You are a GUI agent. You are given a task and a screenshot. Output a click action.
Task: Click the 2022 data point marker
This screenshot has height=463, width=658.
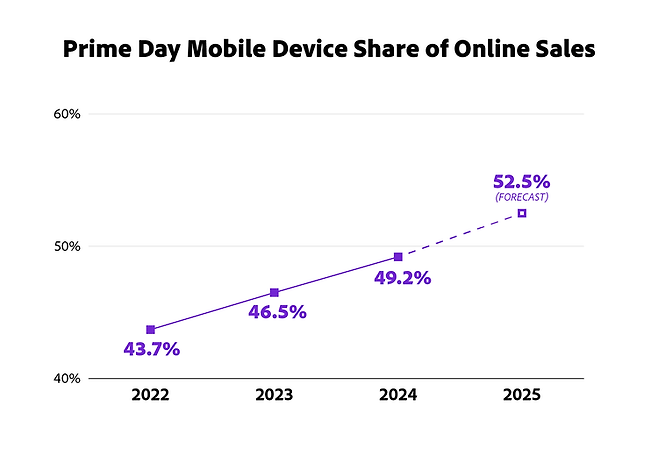coord(150,329)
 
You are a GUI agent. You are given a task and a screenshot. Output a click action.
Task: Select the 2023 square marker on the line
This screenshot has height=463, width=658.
coord(274,292)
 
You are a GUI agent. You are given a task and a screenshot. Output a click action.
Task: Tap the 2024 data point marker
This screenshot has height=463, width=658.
coord(398,257)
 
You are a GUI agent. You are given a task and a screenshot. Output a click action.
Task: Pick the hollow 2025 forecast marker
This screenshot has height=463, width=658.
coord(521,213)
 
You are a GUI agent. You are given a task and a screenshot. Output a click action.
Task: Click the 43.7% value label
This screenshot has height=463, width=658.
coord(151,350)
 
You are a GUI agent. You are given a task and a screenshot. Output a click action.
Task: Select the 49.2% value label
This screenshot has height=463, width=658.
coord(403,278)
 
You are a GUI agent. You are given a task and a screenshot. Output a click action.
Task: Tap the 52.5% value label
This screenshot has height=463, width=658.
coord(521,181)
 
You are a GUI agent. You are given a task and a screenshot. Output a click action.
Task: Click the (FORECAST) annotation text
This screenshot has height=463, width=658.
coord(521,197)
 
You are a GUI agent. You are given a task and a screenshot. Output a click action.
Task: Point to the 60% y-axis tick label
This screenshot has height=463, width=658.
coord(67,114)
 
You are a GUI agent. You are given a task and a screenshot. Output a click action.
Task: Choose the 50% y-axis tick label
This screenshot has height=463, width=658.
coord(67,246)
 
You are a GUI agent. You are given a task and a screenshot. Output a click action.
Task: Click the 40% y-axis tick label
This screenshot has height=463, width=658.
coord(67,378)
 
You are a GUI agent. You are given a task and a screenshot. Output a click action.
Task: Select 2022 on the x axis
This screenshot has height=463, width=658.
coord(150,395)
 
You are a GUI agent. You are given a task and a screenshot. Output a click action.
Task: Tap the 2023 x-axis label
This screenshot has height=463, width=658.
coord(274,395)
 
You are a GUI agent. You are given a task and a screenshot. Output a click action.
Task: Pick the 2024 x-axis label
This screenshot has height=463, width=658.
coord(398,395)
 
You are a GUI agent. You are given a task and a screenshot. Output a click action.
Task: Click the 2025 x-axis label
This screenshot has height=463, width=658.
coord(521,395)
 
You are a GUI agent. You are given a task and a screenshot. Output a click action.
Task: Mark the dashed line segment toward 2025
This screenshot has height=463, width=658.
coord(460,235)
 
